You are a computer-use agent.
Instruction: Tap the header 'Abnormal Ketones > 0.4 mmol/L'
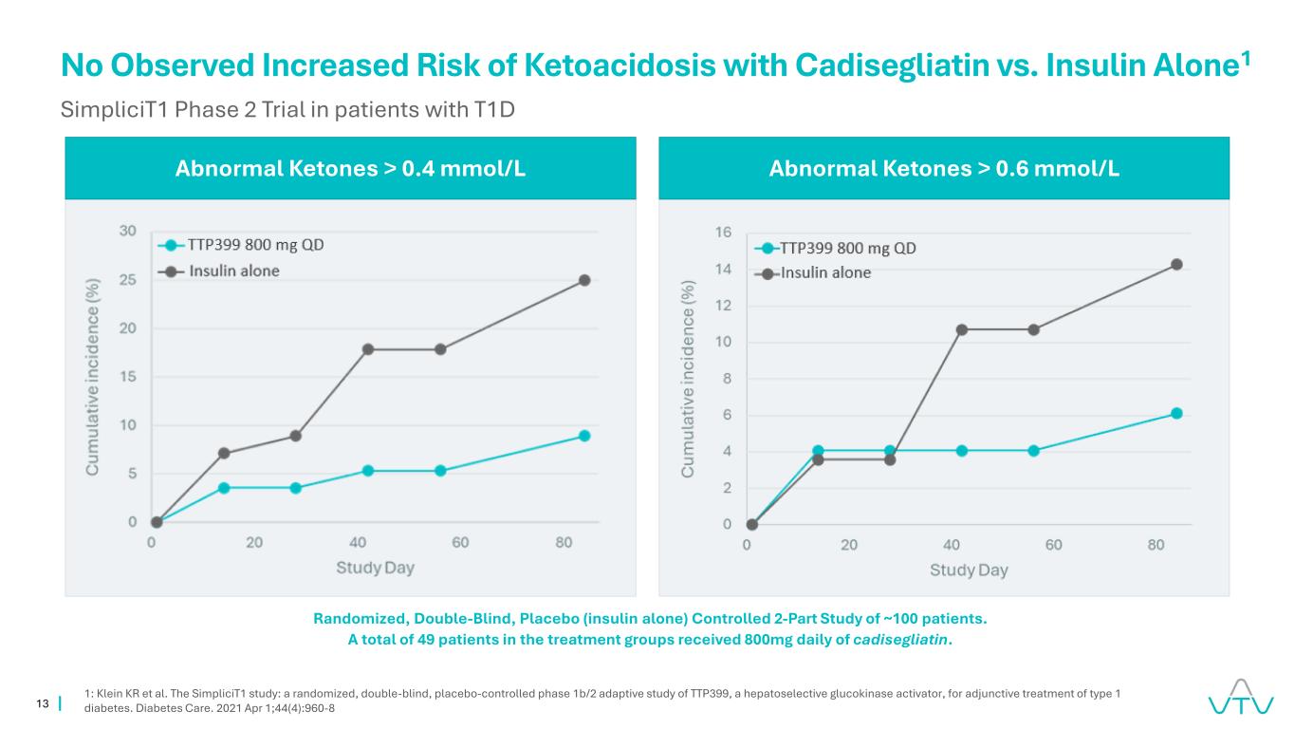point(351,169)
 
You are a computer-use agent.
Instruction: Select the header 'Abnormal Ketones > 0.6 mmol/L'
point(944,169)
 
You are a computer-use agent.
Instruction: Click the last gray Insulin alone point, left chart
point(584,280)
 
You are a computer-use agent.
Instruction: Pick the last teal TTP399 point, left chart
point(584,436)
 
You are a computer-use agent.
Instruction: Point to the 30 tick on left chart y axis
point(127,231)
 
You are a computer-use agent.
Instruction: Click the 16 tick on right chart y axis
point(723,233)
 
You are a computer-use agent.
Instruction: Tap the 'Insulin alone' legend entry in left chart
point(234,271)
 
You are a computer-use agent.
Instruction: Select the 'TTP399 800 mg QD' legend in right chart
point(847,249)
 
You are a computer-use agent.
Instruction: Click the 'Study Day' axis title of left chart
point(375,569)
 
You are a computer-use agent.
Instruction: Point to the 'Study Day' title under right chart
point(969,570)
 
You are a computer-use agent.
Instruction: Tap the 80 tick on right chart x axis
point(1156,546)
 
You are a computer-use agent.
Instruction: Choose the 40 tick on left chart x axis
point(358,543)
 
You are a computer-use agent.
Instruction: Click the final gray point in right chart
point(1176,265)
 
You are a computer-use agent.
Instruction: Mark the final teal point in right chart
point(1176,414)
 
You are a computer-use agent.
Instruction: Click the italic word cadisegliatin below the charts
point(901,640)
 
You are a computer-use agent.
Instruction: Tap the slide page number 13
point(42,703)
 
